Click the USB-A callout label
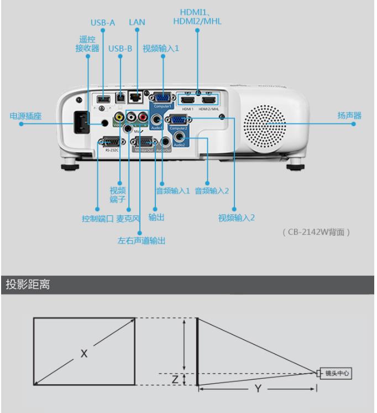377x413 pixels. [x=103, y=23]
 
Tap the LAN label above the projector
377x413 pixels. [x=137, y=23]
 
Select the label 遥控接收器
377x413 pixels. [x=87, y=44]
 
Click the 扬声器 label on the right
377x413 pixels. [x=349, y=116]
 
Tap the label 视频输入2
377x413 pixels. [x=236, y=218]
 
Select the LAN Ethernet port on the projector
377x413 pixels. [x=134, y=97]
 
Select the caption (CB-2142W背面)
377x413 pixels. [x=316, y=232]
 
